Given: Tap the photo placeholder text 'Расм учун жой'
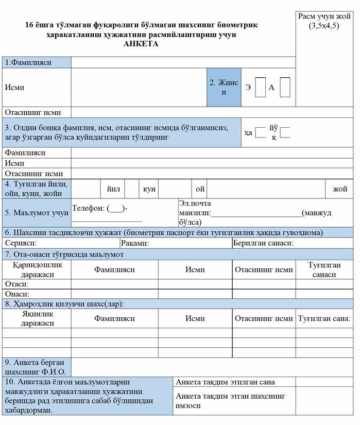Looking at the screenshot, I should (x=324, y=16).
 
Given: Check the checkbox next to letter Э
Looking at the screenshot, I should (x=261, y=87).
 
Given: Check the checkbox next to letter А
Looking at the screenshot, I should (x=285, y=87).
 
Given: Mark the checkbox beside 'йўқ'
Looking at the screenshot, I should (x=285, y=132).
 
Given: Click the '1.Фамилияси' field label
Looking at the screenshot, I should (x=28, y=62).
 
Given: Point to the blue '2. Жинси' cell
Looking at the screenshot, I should (x=224, y=87).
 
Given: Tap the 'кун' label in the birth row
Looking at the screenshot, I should (x=149, y=189).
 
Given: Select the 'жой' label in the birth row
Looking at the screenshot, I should (x=340, y=189).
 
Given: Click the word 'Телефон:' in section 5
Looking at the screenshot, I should (x=89, y=208).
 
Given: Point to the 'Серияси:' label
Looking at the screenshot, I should (x=21, y=243).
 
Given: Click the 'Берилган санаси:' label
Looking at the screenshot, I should (x=263, y=243).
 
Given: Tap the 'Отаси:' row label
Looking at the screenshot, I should (x=16, y=284).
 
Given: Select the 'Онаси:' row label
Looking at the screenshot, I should (x=16, y=294).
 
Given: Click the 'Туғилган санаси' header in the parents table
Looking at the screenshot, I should (x=324, y=269).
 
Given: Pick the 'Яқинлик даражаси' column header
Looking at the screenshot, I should (x=38, y=318).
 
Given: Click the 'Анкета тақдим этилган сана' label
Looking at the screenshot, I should (x=225, y=382).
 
